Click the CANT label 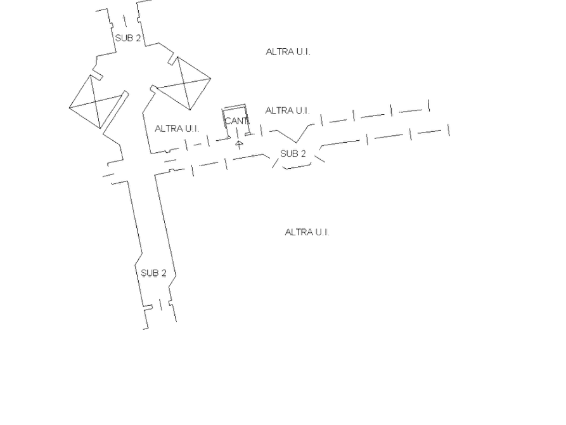click(x=235, y=120)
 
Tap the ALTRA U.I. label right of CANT click(x=286, y=111)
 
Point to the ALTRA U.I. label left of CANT click(x=176, y=129)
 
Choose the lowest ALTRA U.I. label click(x=307, y=233)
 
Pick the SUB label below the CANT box click(x=293, y=153)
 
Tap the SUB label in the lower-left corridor click(x=154, y=272)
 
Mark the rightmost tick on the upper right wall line click(x=428, y=105)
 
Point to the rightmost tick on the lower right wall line click(x=448, y=130)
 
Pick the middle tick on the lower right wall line click(x=413, y=134)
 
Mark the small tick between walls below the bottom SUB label click(x=158, y=308)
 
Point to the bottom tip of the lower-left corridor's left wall click(x=148, y=329)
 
